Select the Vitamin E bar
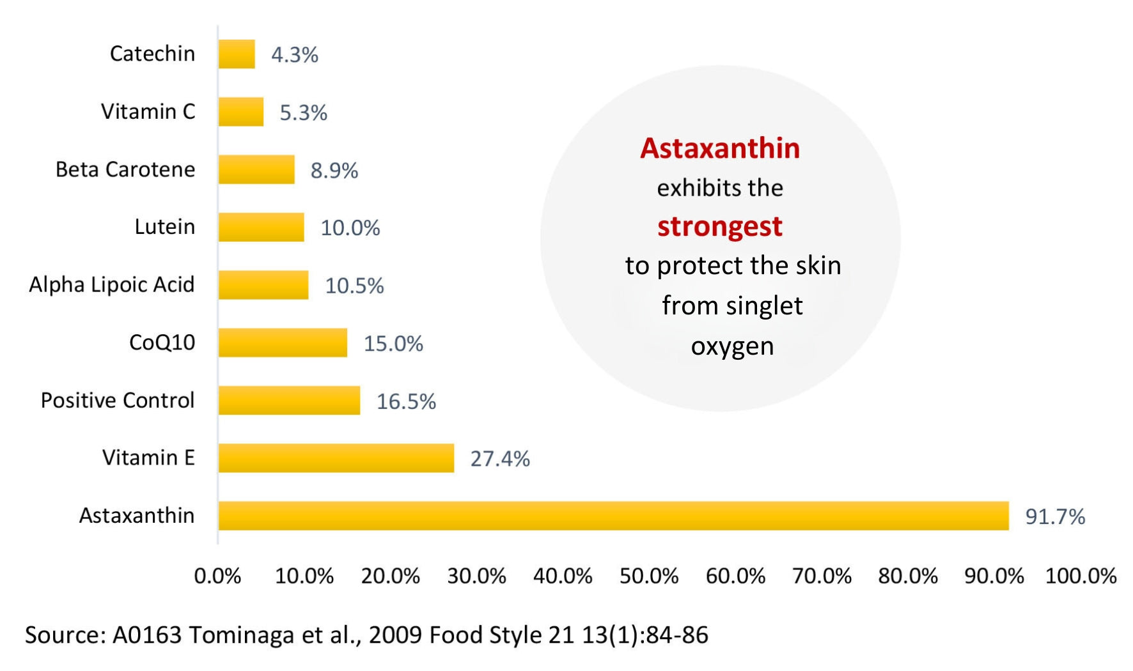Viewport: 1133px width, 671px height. coord(336,458)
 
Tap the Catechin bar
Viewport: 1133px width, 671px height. coord(237,54)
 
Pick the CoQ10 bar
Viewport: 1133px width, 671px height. coord(283,343)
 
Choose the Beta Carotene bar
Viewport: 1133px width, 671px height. coord(256,169)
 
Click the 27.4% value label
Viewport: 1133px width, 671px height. coord(500,459)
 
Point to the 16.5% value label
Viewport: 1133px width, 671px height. coord(406,401)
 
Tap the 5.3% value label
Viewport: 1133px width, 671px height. coord(303,112)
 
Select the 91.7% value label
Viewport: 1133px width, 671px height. coord(1055,516)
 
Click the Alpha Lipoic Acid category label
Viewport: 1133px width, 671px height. coord(112,284)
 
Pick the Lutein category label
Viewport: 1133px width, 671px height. coord(164,227)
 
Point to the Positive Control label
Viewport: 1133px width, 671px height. coord(118,400)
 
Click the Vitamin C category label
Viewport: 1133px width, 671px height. coord(148,111)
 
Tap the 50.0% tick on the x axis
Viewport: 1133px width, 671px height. coord(648,576)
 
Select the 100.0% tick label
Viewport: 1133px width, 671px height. coord(1081,576)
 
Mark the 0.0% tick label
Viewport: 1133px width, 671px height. coord(217,576)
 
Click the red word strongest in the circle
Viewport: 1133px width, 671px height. coord(720,226)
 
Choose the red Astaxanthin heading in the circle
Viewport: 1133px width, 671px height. coord(720,148)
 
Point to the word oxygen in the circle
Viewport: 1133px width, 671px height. coord(732,346)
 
